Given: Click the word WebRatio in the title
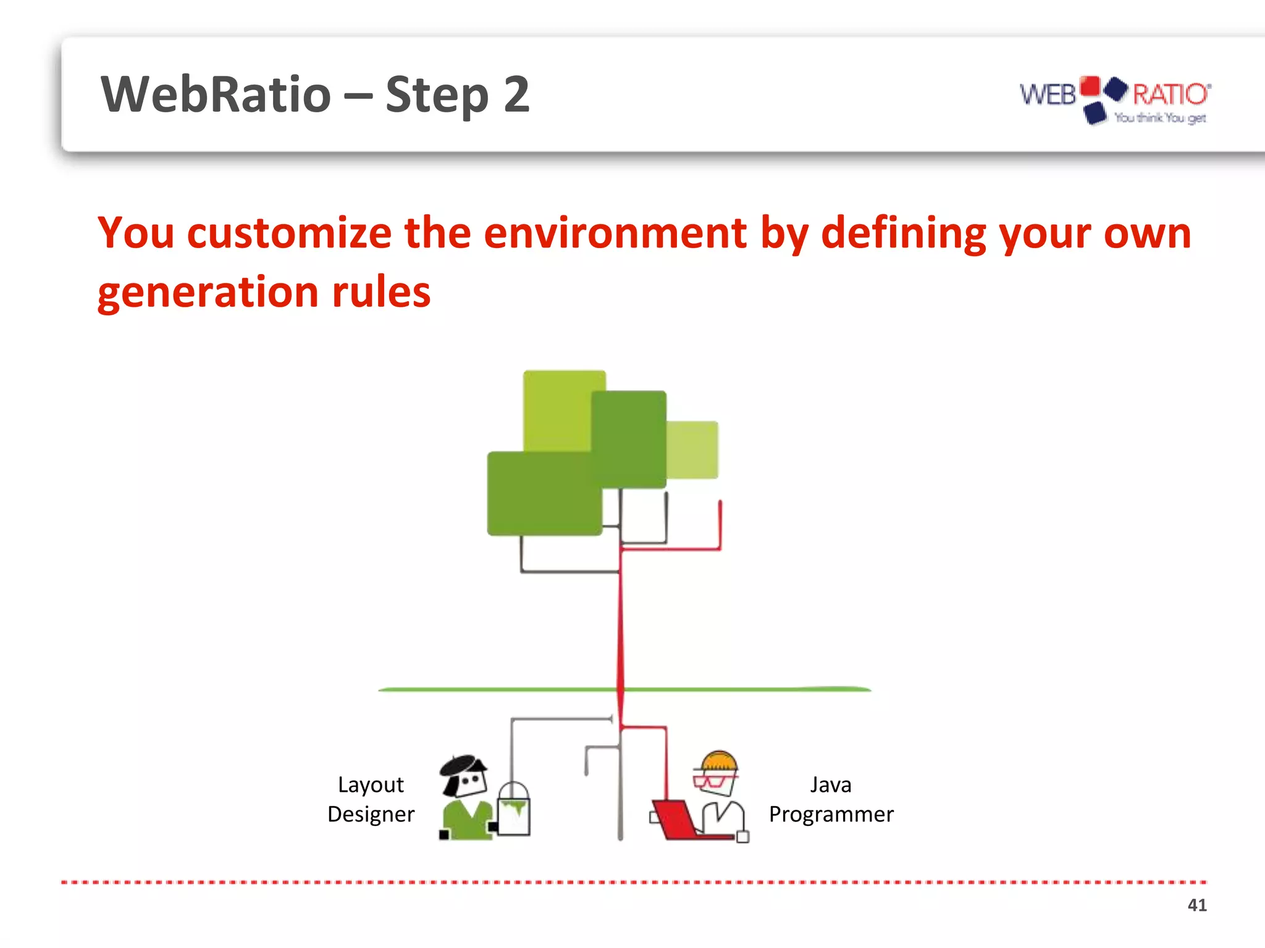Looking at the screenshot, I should pos(216,94).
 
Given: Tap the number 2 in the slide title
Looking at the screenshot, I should pos(516,94).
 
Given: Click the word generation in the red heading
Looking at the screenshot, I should pos(208,293).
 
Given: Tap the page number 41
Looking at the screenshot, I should pos(1196,905).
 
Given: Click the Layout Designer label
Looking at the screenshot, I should pos(371,799).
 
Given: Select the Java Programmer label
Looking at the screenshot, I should pos(831,799).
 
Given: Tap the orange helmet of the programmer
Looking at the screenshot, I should pos(718,760).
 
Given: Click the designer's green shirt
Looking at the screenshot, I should pos(468,821).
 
